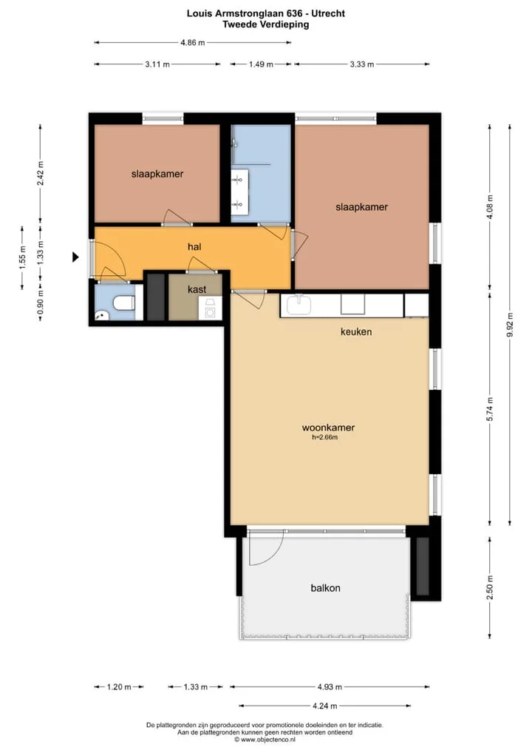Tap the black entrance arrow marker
[x=75, y=257]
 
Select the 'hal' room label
[x=194, y=247]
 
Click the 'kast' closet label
[x=197, y=289]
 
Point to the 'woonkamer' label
[x=328, y=428]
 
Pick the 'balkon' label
[x=325, y=588]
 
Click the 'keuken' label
[x=356, y=331]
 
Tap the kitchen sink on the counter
[x=299, y=305]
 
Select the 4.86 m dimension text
[x=193, y=43]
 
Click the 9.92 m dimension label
[x=510, y=325]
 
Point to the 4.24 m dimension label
[x=325, y=706]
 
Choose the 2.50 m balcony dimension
[x=490, y=588]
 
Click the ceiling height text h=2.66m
[x=325, y=437]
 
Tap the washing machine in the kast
[x=210, y=308]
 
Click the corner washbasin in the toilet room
[x=101, y=315]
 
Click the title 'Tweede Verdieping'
[x=266, y=24]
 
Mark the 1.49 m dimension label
[x=261, y=64]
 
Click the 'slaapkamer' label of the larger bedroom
[x=362, y=207]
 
